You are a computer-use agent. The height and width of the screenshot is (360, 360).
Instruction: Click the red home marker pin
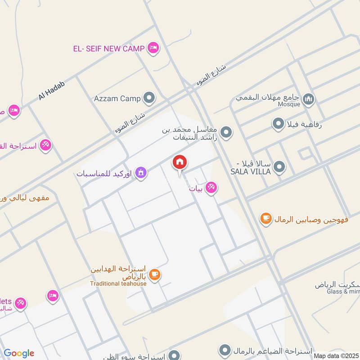[180, 163]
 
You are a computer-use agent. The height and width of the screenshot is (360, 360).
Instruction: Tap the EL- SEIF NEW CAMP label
[109, 48]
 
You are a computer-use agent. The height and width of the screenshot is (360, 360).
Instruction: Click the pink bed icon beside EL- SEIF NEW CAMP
[153, 48]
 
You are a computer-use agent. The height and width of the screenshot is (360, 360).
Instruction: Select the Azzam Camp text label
[117, 98]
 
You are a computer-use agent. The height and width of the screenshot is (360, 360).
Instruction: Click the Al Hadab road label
[52, 90]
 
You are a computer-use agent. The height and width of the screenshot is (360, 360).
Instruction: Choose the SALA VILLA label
[251, 171]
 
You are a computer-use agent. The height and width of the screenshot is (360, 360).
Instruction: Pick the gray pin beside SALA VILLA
[279, 168]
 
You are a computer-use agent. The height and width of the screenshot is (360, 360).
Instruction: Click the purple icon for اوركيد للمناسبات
[141, 173]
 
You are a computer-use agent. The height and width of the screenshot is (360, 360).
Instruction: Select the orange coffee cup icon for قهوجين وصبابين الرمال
[266, 219]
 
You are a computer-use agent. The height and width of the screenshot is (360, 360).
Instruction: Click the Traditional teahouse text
[118, 283]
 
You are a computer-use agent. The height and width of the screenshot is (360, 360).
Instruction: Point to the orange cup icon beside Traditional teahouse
[154, 274]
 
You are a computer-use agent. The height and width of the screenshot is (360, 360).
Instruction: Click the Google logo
[19, 353]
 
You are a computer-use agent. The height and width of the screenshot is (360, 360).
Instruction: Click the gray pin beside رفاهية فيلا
[279, 123]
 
